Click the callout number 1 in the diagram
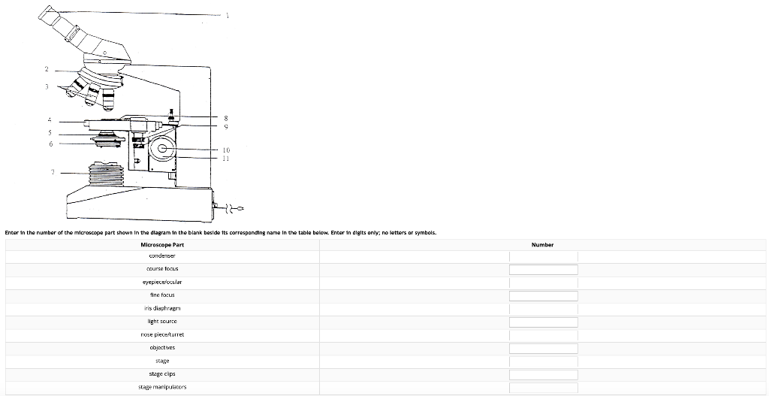pyautogui.click(x=227, y=15)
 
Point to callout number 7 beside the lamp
pyautogui.click(x=53, y=172)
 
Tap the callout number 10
pyautogui.click(x=226, y=150)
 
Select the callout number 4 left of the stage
pyautogui.click(x=50, y=119)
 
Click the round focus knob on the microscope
pyautogui.click(x=161, y=150)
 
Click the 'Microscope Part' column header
pyautogui.click(x=162, y=245)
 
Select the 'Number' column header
pyautogui.click(x=542, y=245)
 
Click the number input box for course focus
pyautogui.click(x=543, y=269)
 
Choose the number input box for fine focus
pyautogui.click(x=543, y=295)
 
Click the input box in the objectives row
pyautogui.click(x=543, y=348)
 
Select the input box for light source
pyautogui.click(x=543, y=322)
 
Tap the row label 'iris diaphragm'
pyautogui.click(x=162, y=308)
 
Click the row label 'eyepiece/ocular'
pyautogui.click(x=162, y=282)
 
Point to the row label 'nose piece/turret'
pyautogui.click(x=162, y=334)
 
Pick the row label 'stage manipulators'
pyautogui.click(x=162, y=387)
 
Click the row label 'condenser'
pyautogui.click(x=162, y=255)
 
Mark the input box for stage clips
pyautogui.click(x=543, y=374)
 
